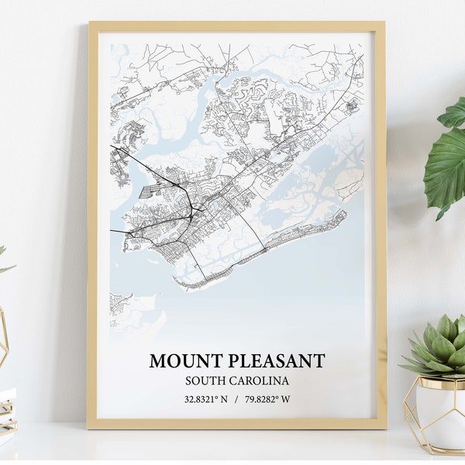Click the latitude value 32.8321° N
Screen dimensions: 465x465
click(206, 400)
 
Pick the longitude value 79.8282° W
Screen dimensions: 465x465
click(269, 400)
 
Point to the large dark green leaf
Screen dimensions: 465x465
click(446, 167)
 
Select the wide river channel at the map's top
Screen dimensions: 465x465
click(256, 77)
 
